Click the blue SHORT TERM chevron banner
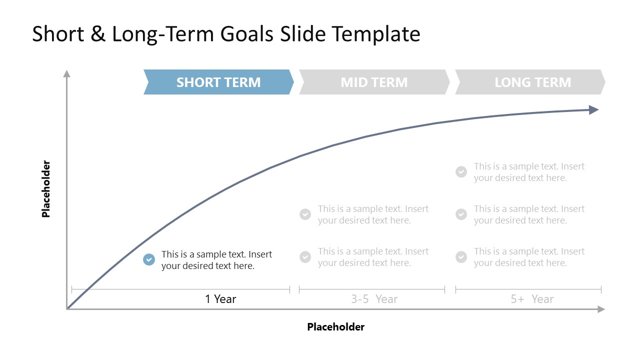tap(218, 82)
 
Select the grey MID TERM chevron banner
tap(374, 82)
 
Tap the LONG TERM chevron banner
tap(532, 82)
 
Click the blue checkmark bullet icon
tap(149, 259)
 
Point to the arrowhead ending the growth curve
tap(593, 110)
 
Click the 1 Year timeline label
tap(220, 299)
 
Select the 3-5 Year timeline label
tap(374, 299)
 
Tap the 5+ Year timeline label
tap(532, 299)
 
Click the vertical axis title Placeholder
tap(46, 189)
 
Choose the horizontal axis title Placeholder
tap(335, 327)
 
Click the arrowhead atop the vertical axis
tap(66, 74)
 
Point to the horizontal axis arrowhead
tap(601, 309)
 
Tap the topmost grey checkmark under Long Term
tap(461, 172)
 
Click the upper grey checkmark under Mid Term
tap(305, 214)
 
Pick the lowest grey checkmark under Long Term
tap(461, 257)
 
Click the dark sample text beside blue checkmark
tap(216, 260)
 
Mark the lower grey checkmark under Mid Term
tap(305, 257)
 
